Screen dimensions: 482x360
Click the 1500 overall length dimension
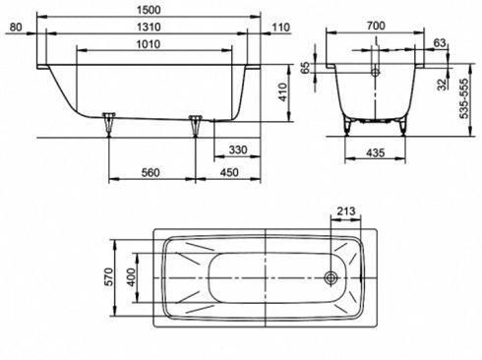pyautogui.click(x=149, y=10)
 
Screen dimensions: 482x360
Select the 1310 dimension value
pyautogui.click(x=149, y=27)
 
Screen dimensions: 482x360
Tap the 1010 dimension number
pyautogui.click(x=149, y=44)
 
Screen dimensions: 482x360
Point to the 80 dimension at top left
pyautogui.click(x=16, y=27)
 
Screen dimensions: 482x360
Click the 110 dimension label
pyautogui.click(x=281, y=27)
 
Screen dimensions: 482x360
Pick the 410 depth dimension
pyautogui.click(x=281, y=92)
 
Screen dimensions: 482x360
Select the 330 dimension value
pyautogui.click(x=238, y=150)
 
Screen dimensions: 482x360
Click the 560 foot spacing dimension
pyautogui.click(x=151, y=172)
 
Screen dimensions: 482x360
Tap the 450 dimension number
pyautogui.click(x=229, y=172)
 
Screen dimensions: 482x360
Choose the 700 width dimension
pyautogui.click(x=376, y=26)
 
